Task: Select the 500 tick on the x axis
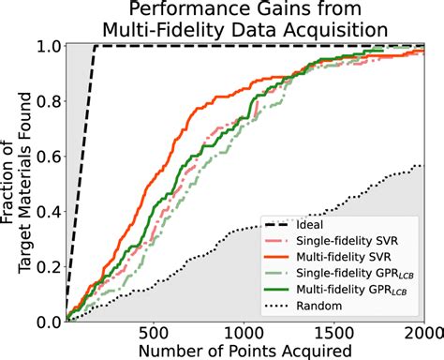154,334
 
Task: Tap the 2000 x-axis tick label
422,334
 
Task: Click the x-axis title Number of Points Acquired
244,351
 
